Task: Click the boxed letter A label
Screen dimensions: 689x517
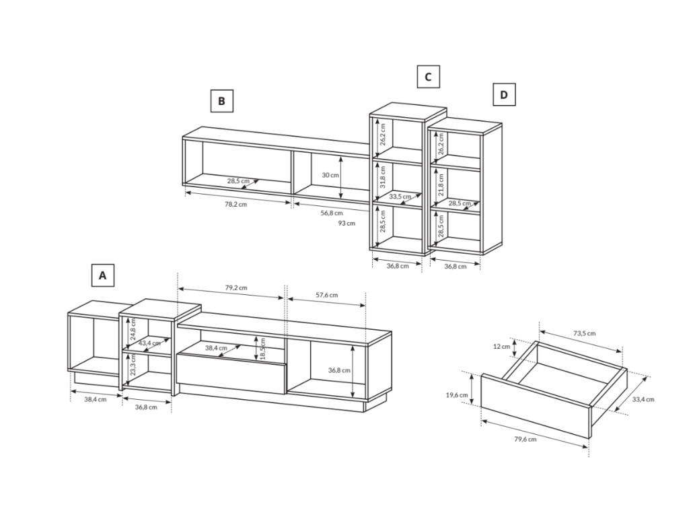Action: [103, 275]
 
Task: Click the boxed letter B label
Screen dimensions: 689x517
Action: [221, 101]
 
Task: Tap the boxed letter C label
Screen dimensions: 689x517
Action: [428, 77]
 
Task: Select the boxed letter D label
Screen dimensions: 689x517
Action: [503, 94]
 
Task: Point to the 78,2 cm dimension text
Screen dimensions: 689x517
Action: [236, 205]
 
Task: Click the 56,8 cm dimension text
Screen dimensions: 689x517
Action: [332, 213]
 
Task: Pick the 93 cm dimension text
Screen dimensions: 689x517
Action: [347, 223]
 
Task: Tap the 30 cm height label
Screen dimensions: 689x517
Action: [330, 175]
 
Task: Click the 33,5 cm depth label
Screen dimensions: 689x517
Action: [400, 197]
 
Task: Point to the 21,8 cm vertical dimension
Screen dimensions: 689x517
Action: [441, 184]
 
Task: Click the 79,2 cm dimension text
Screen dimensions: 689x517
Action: [236, 288]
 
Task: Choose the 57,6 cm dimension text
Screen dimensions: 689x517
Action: [326, 295]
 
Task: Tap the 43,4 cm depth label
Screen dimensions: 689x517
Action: [149, 343]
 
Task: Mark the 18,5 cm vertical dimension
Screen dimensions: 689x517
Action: [263, 348]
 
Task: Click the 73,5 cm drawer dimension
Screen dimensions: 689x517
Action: [585, 333]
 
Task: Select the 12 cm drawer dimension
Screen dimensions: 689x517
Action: [501, 347]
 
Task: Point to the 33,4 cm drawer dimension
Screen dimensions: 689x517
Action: [643, 399]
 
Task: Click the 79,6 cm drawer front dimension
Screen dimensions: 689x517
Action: [525, 439]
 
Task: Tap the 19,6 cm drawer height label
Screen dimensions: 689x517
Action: [457, 394]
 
